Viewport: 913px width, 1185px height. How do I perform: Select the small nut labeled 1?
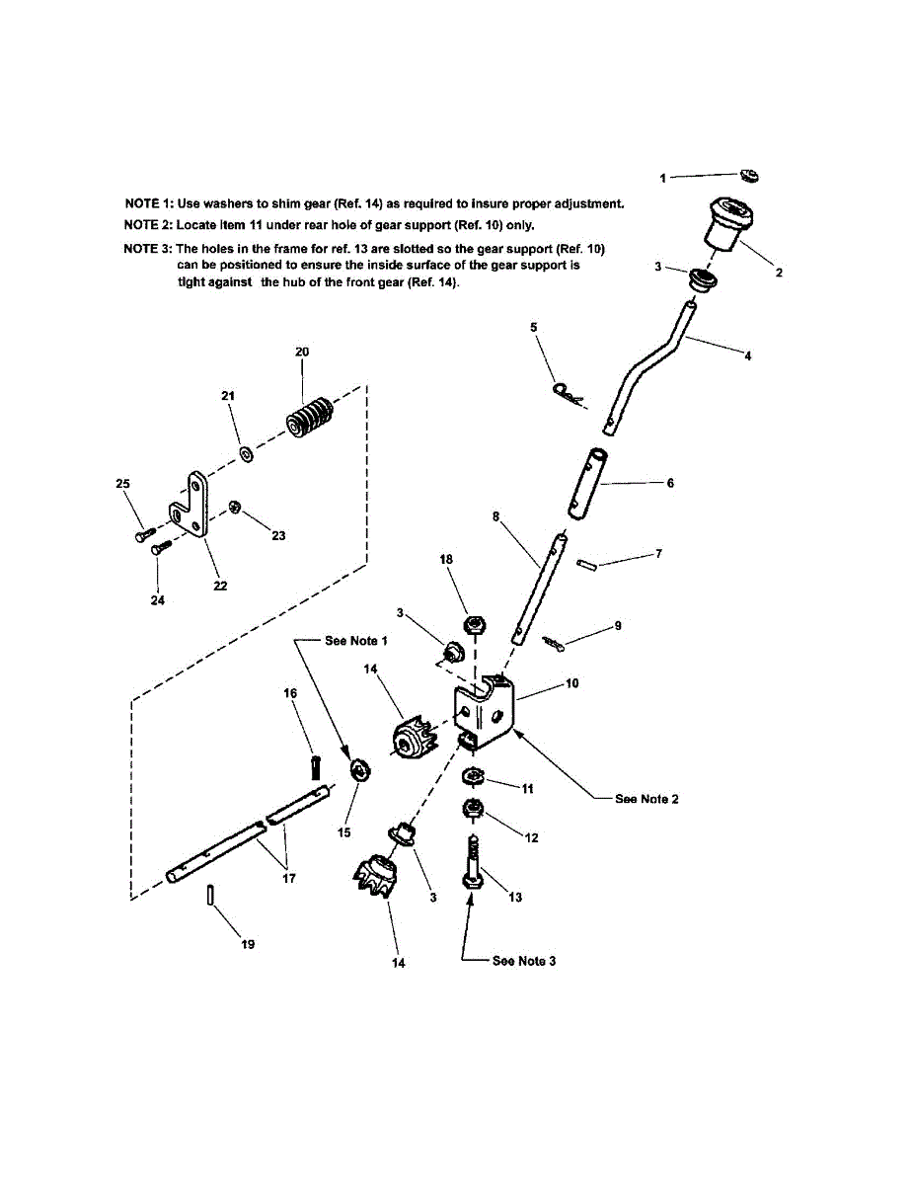click(749, 175)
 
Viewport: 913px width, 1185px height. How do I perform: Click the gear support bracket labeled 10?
click(486, 709)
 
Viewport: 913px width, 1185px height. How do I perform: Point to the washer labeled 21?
click(246, 455)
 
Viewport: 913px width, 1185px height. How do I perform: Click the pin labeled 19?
click(212, 894)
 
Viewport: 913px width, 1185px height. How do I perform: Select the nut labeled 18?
click(475, 624)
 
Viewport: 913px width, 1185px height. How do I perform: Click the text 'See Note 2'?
click(647, 798)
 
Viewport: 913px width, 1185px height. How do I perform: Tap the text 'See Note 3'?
click(523, 961)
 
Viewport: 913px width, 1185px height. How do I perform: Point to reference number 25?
click(122, 484)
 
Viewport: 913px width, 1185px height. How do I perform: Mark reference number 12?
click(531, 837)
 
